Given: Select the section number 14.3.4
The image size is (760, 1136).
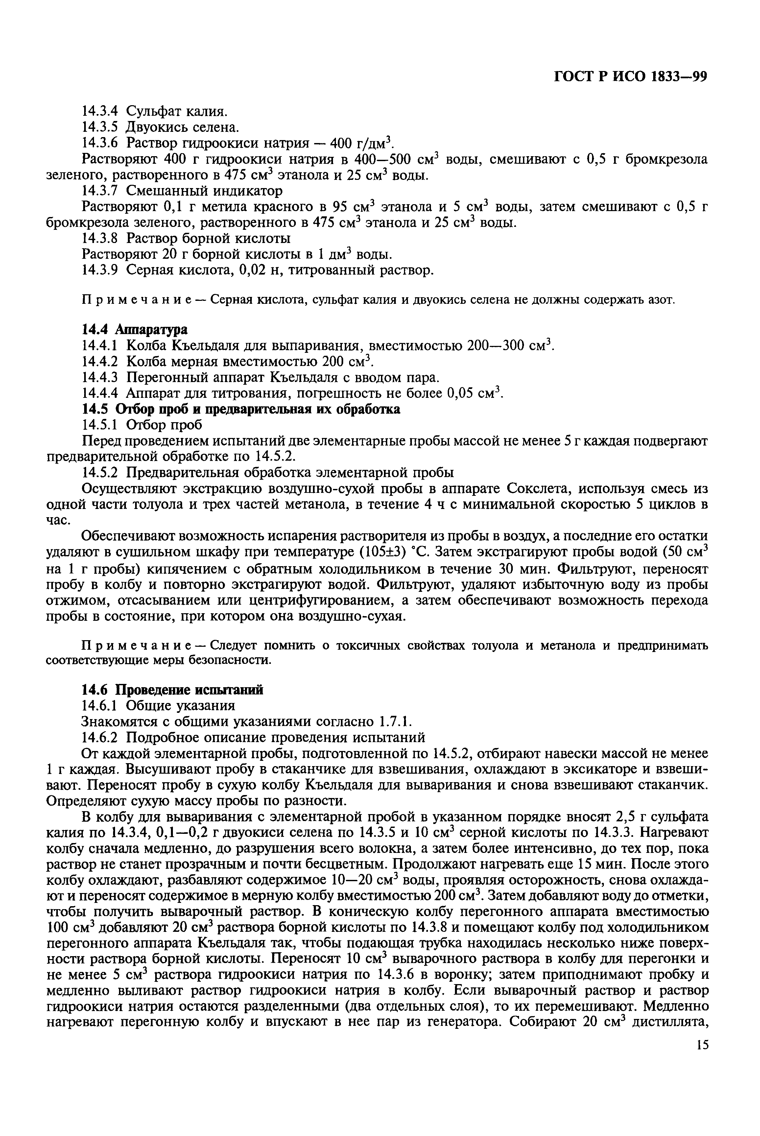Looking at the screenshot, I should click(100, 111).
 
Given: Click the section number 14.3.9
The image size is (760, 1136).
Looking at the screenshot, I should click(100, 270).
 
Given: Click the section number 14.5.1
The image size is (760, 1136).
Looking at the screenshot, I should click(100, 425).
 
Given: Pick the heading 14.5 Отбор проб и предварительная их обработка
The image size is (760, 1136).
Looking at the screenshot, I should click(241, 409).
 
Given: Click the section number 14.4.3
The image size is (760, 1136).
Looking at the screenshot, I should click(100, 377).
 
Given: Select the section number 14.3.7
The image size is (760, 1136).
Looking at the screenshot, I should click(100, 191).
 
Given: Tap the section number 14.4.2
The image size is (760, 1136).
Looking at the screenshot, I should click(100, 361).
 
